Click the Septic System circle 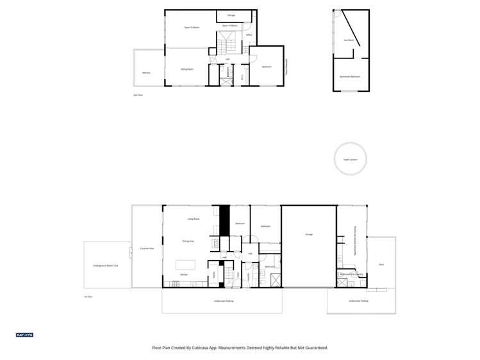[x=351, y=159]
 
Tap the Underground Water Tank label [x=106, y=265]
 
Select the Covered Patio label [x=147, y=249]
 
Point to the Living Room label [x=194, y=219]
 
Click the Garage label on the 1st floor [x=309, y=234]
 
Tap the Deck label [x=381, y=264]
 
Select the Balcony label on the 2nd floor [x=146, y=72]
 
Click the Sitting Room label [x=187, y=69]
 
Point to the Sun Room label [x=349, y=40]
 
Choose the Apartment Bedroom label [x=350, y=76]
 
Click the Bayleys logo [x=24, y=335]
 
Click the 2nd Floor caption [x=138, y=94]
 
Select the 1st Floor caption [x=88, y=297]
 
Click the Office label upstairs [x=249, y=35]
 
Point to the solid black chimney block [x=224, y=220]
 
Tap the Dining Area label [x=188, y=241]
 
